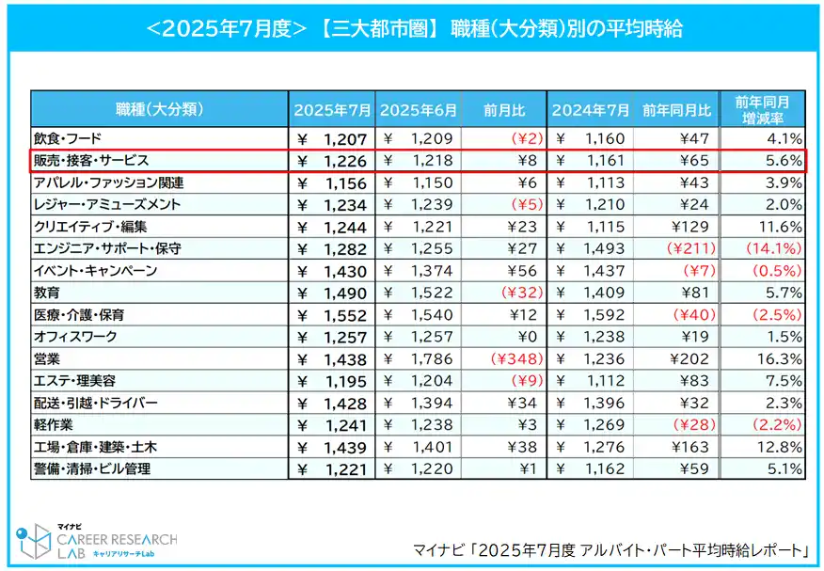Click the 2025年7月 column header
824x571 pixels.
click(332, 110)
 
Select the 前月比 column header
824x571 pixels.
click(504, 110)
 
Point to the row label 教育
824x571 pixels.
click(48, 293)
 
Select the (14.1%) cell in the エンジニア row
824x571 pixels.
click(773, 248)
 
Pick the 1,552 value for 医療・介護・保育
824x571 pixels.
click(347, 314)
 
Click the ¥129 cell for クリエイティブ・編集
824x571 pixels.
click(690, 227)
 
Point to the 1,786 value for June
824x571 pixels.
click(433, 358)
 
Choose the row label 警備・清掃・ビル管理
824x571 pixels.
click(92, 468)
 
